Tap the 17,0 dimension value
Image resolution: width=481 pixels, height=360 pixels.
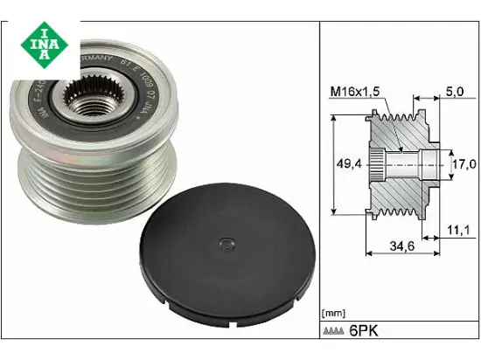click(464, 163)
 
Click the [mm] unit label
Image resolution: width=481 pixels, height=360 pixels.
click(334, 313)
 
